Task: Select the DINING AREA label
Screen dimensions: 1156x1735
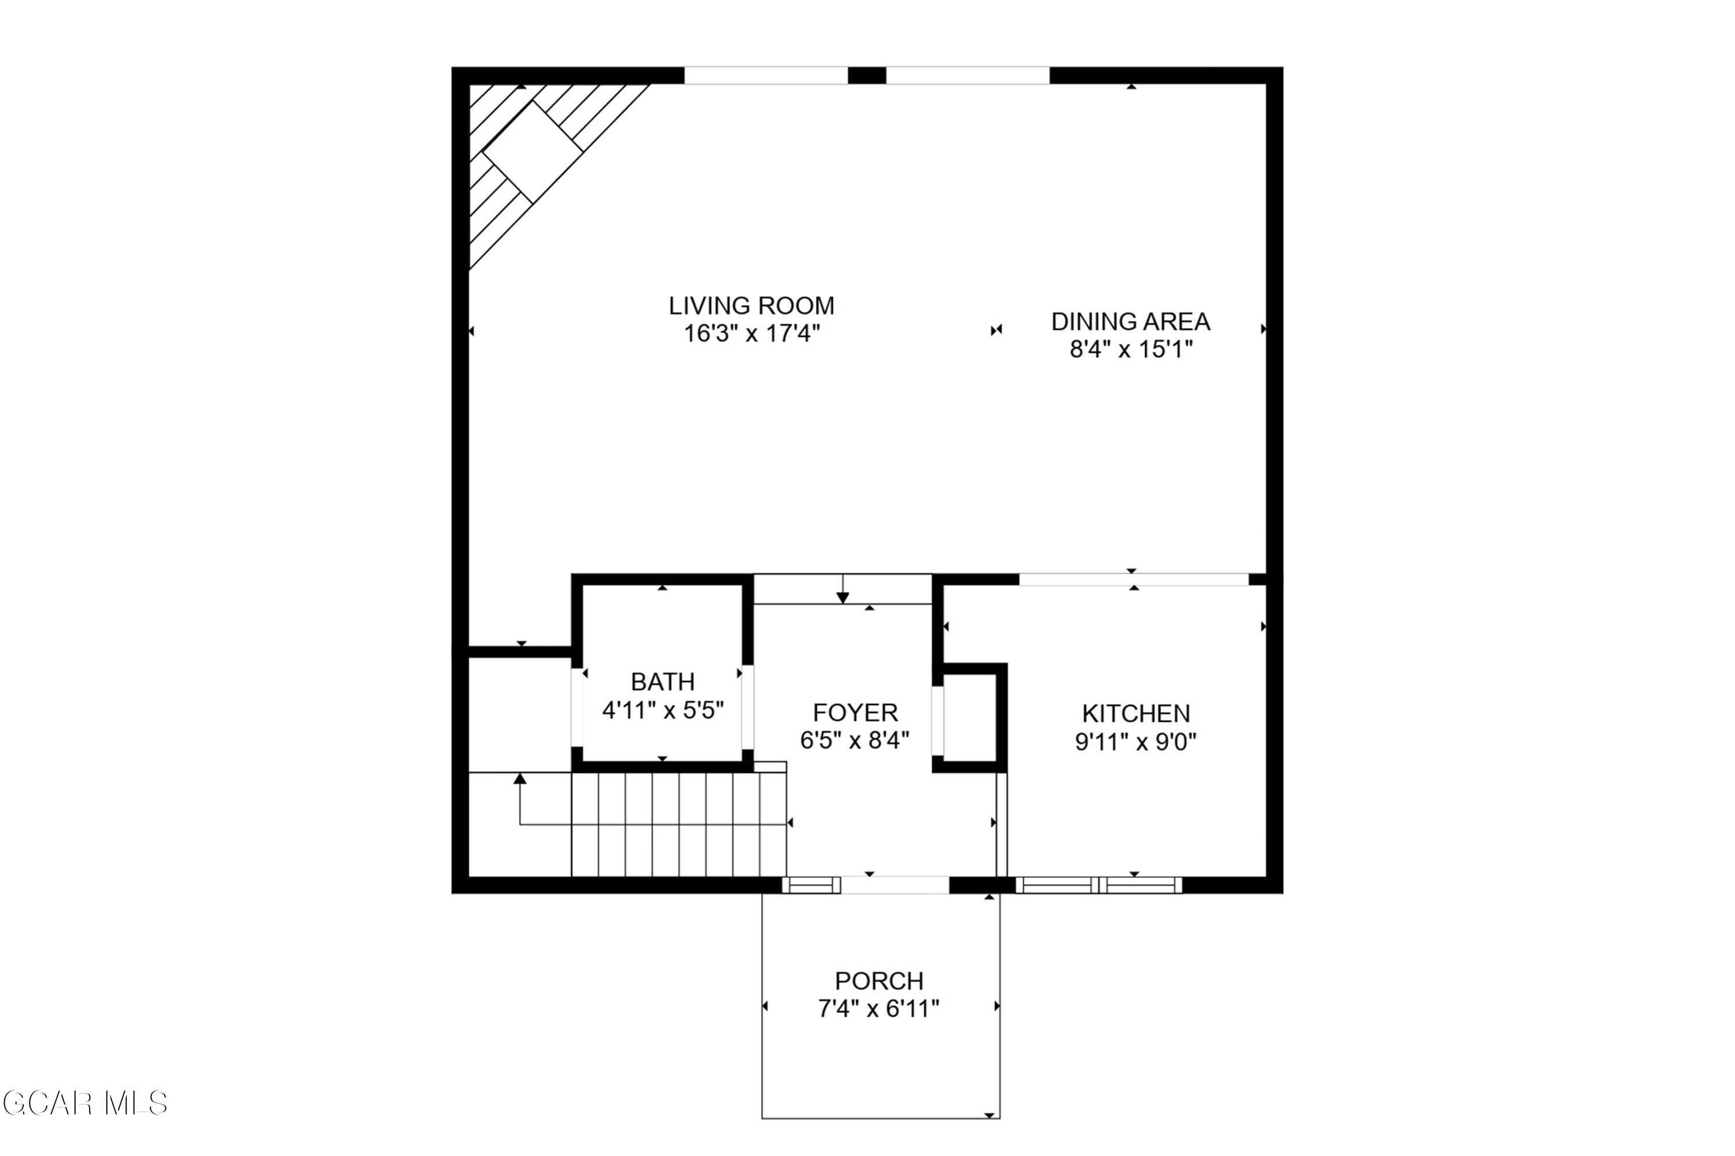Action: click(x=1130, y=321)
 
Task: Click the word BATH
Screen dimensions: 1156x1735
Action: click(x=662, y=681)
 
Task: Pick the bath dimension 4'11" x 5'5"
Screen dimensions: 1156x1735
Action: click(x=662, y=710)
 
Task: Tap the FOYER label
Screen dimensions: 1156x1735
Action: click(x=855, y=712)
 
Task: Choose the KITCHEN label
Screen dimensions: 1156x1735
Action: click(x=1135, y=714)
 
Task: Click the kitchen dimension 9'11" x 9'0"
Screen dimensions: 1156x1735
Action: click(x=1135, y=742)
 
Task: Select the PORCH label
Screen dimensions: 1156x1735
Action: click(x=878, y=980)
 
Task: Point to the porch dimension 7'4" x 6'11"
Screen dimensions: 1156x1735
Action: click(x=878, y=1009)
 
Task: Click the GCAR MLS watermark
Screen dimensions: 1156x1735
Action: click(x=85, y=1103)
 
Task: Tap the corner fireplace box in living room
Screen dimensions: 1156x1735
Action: click(x=533, y=150)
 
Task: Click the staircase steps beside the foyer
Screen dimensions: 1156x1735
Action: click(x=678, y=824)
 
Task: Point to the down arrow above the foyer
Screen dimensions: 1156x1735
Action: click(x=843, y=597)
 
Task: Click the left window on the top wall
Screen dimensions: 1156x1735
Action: click(x=766, y=75)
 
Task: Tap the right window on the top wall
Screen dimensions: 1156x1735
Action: click(x=967, y=75)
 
